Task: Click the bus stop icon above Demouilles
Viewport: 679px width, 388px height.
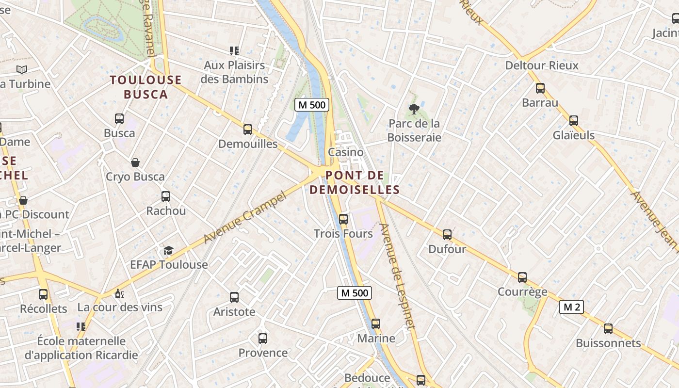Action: pos(248,129)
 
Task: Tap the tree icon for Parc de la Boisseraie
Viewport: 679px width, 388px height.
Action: pos(414,109)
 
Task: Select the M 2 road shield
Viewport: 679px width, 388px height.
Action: pos(571,307)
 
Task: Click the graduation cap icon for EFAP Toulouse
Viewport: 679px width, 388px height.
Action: pos(168,250)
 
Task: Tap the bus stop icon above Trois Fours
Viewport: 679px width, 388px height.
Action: pos(343,219)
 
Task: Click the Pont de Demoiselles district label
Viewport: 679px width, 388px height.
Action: pos(355,182)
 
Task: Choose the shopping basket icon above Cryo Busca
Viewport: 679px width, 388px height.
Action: pos(135,162)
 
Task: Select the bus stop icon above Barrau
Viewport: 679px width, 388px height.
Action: pos(540,88)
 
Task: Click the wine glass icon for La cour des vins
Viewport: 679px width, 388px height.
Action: pos(119,293)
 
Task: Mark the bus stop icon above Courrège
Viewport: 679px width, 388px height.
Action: pos(522,277)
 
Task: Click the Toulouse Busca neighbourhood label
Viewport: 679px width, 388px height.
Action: pos(145,87)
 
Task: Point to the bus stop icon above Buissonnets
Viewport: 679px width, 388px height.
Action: pos(608,329)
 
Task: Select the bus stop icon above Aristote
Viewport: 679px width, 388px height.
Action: pos(234,297)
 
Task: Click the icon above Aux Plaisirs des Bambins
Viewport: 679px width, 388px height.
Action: pos(234,51)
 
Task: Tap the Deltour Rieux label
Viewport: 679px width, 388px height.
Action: pos(542,65)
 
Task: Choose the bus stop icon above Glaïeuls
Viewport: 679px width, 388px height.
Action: pos(574,120)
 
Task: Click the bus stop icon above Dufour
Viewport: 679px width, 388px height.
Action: pos(447,235)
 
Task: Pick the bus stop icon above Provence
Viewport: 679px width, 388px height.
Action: pos(263,338)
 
